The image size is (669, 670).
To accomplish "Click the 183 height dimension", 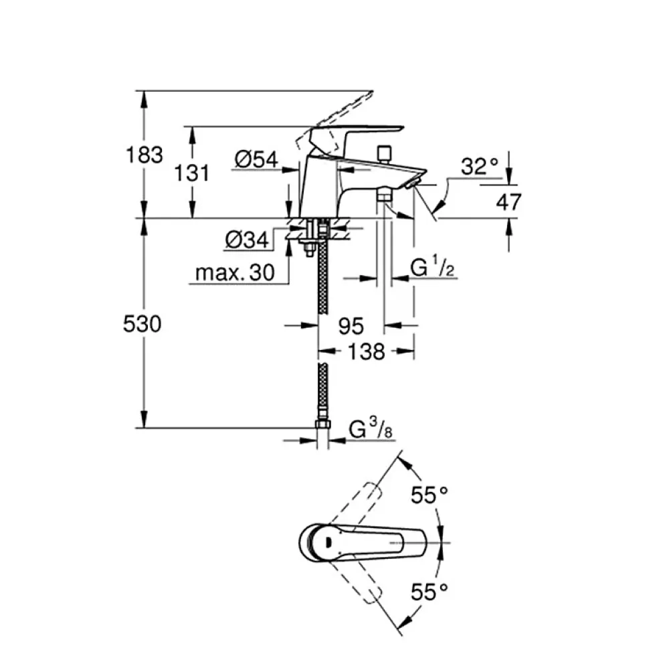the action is (x=145, y=155).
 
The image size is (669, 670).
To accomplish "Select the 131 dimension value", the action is (x=192, y=173).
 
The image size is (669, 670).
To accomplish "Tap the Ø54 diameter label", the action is (x=256, y=159).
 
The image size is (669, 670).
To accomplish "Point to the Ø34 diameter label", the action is (x=247, y=240).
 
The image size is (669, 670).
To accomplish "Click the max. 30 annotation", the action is (x=235, y=272).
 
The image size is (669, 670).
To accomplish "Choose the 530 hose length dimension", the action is (x=142, y=324).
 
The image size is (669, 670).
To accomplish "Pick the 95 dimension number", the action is (x=351, y=327).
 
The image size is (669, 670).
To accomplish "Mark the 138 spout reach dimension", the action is (x=367, y=352).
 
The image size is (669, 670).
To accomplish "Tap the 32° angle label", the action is (x=480, y=166).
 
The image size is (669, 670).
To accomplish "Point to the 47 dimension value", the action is (x=509, y=201).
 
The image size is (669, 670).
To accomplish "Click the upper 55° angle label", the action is (x=429, y=495).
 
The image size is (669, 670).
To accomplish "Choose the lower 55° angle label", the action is (x=429, y=592).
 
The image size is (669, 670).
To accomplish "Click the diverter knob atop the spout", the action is (x=385, y=154).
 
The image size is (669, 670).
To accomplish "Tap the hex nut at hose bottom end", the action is (x=322, y=425).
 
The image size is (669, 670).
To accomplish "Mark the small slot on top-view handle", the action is (x=328, y=543).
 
